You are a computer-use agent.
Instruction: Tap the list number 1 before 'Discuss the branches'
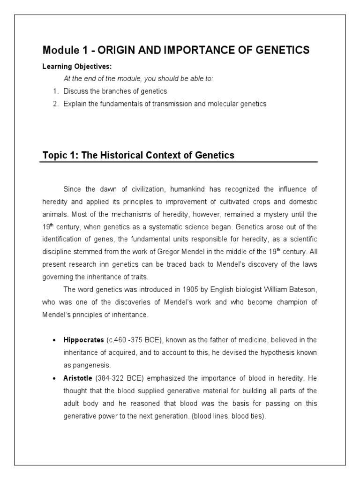click(55, 91)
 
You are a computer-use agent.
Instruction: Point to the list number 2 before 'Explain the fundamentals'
click(55, 104)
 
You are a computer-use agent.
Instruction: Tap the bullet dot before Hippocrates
click(55, 339)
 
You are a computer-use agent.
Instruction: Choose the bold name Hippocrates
click(84, 339)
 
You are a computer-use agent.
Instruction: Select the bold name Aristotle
click(79, 377)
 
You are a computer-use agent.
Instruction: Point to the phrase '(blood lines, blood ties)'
click(229, 415)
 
